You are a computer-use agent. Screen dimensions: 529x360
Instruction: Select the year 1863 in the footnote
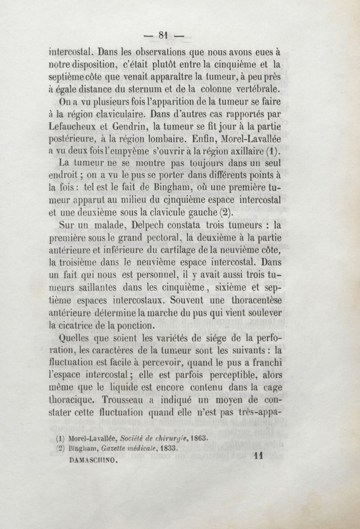201,437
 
